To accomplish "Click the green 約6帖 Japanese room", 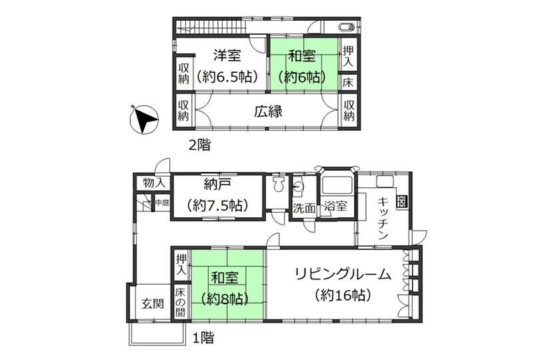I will pos(303,65).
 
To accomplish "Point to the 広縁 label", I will pos(267,111).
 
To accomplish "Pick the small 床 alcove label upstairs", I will pos(349,83).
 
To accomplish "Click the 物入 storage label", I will pos(153,183).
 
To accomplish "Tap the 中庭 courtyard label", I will pos(161,202).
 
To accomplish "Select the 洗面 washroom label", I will pos(304,208).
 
